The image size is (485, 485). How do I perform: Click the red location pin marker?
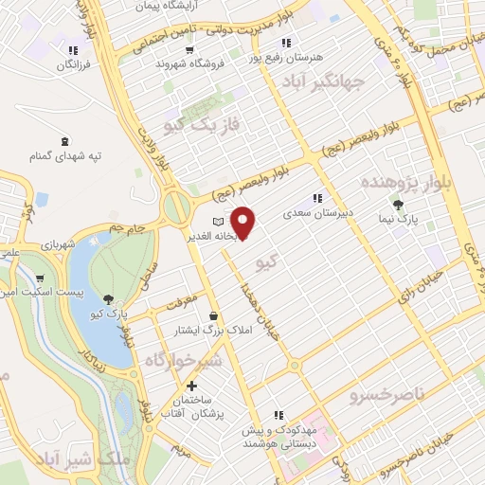coord(244,222)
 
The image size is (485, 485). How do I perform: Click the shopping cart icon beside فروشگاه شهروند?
coord(189,50)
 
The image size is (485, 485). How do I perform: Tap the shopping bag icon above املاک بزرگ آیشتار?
coord(214,315)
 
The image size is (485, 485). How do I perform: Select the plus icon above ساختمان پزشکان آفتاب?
coord(192,386)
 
